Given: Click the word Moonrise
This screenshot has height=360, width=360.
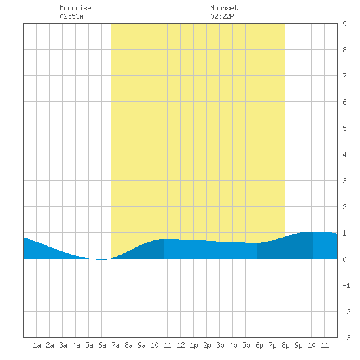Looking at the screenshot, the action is [75, 8].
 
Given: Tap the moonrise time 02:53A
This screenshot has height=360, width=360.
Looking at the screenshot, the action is [71, 16].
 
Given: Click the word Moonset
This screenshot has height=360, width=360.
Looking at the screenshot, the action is [224, 8].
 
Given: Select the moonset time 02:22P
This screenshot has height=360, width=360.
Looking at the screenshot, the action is [222, 16].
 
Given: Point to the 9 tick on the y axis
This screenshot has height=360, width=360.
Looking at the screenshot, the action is [344, 24].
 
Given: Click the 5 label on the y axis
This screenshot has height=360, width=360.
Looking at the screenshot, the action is [344, 128].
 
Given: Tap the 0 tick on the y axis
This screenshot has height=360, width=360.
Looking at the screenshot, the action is [344, 259].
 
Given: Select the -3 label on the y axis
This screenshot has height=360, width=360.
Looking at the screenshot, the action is [346, 338].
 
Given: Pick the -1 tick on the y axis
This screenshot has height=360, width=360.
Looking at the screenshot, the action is [346, 285].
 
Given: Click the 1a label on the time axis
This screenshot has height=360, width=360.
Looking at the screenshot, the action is [37, 345].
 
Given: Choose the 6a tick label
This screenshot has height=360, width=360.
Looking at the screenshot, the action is [102, 345].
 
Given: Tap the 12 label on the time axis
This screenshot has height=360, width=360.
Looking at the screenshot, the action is [181, 345].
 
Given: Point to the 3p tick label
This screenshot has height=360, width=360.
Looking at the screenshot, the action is [220, 345].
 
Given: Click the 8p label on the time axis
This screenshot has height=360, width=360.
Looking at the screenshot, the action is [285, 345].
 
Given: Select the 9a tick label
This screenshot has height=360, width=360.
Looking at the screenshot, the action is [141, 345].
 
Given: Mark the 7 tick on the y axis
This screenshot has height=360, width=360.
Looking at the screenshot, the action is [344, 76].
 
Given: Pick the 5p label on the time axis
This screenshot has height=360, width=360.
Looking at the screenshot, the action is [246, 345].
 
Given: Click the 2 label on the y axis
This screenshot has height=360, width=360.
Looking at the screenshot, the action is [344, 207].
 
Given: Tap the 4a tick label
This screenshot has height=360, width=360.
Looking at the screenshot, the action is [76, 345].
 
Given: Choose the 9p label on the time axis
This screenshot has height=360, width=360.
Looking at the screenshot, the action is [298, 345].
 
